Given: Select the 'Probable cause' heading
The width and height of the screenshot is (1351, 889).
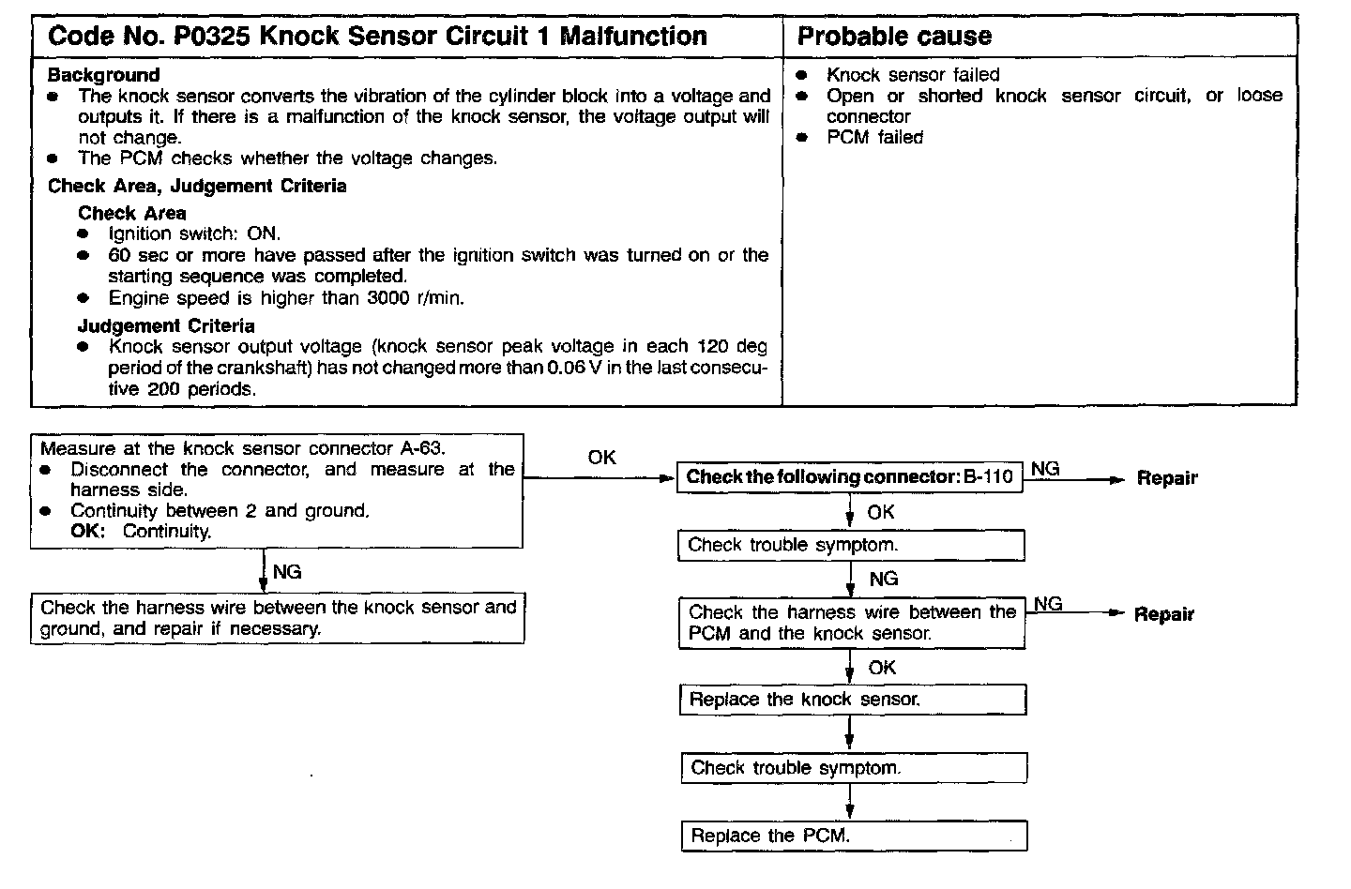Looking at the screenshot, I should coord(893,37).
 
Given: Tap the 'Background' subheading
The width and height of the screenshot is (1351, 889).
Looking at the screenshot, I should coord(103,75).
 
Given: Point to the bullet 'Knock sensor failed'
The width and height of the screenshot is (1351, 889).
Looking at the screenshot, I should coord(912,75).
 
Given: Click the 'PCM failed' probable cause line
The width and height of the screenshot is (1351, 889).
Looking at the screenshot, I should coord(874,138).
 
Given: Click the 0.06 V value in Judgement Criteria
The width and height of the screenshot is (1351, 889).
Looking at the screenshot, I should coord(573,368).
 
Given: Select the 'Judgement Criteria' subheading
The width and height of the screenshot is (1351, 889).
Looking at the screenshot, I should coord(166,325).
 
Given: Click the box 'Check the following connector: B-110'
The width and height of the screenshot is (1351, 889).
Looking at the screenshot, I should coord(849,476).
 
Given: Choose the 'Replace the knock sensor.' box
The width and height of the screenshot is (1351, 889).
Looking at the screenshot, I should coord(852,700).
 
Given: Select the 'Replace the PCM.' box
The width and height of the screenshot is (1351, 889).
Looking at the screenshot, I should coord(854,836).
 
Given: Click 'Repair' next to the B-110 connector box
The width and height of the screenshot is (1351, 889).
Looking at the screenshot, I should coord(1167,478).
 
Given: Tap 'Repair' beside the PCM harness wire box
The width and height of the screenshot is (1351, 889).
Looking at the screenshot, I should coord(1163,615).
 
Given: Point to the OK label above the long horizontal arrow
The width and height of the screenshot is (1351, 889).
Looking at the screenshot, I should coord(601,458).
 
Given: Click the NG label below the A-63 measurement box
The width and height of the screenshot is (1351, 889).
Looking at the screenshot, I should coord(287,571).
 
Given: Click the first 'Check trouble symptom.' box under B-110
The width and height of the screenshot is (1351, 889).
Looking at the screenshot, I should coord(851,545).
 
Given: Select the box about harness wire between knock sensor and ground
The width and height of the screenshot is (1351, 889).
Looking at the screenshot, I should coord(278,618).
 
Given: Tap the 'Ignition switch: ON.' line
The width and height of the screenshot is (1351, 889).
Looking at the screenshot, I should coord(194,234).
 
